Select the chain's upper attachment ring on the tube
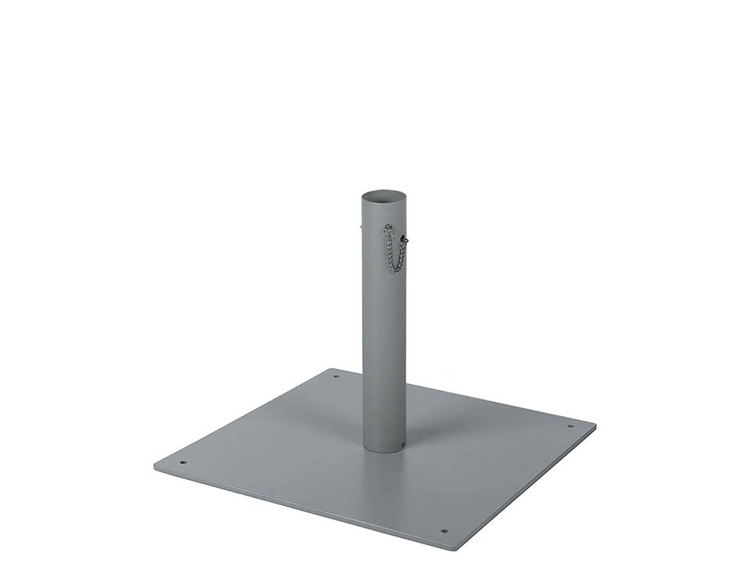[x=387, y=228]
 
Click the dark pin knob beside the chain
[x=405, y=240]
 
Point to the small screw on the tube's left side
[x=362, y=228]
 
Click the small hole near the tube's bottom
[x=402, y=446]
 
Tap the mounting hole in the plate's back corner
[x=337, y=376]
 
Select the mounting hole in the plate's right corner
[x=570, y=427]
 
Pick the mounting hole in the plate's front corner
[x=444, y=531]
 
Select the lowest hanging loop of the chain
[x=395, y=271]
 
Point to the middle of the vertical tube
[x=384, y=328]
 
